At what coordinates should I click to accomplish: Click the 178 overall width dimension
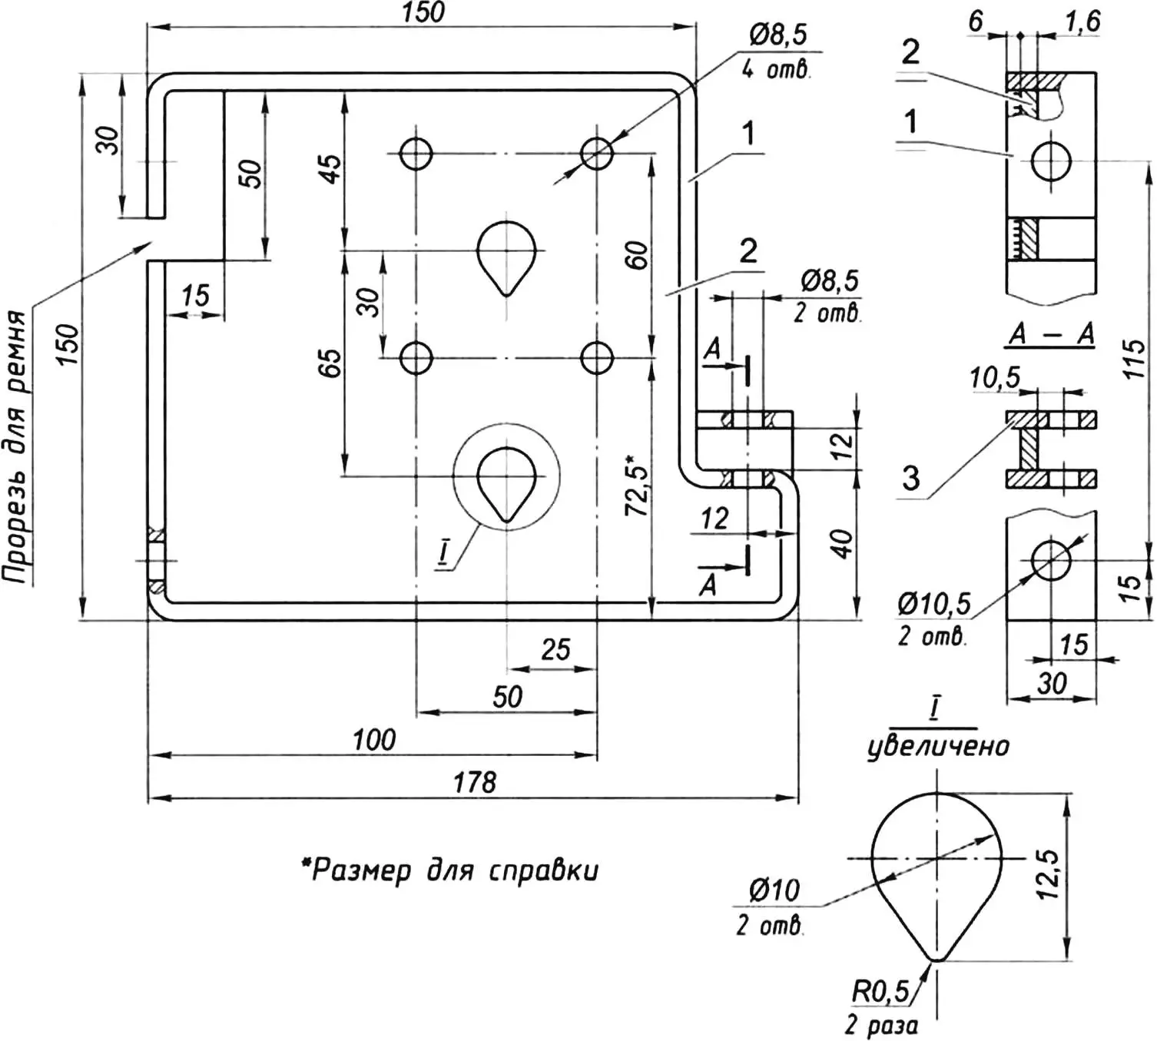474,783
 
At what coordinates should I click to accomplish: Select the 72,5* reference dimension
636,489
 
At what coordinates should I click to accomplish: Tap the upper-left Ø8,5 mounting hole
416,154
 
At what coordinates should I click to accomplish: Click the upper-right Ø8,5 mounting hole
597,154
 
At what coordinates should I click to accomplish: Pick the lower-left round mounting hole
416,358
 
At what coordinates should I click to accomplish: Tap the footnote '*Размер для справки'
449,871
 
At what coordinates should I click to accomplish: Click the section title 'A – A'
1051,335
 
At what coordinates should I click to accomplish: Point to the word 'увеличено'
938,746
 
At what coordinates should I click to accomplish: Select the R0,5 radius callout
879,992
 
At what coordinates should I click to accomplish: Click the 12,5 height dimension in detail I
1048,874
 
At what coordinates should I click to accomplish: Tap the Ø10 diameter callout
774,890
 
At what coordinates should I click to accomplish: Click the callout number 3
911,478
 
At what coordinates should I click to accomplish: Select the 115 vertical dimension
1134,359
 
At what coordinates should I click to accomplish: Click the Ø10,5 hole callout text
933,605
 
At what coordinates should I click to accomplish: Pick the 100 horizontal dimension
374,741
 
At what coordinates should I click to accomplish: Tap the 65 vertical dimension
328,363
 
